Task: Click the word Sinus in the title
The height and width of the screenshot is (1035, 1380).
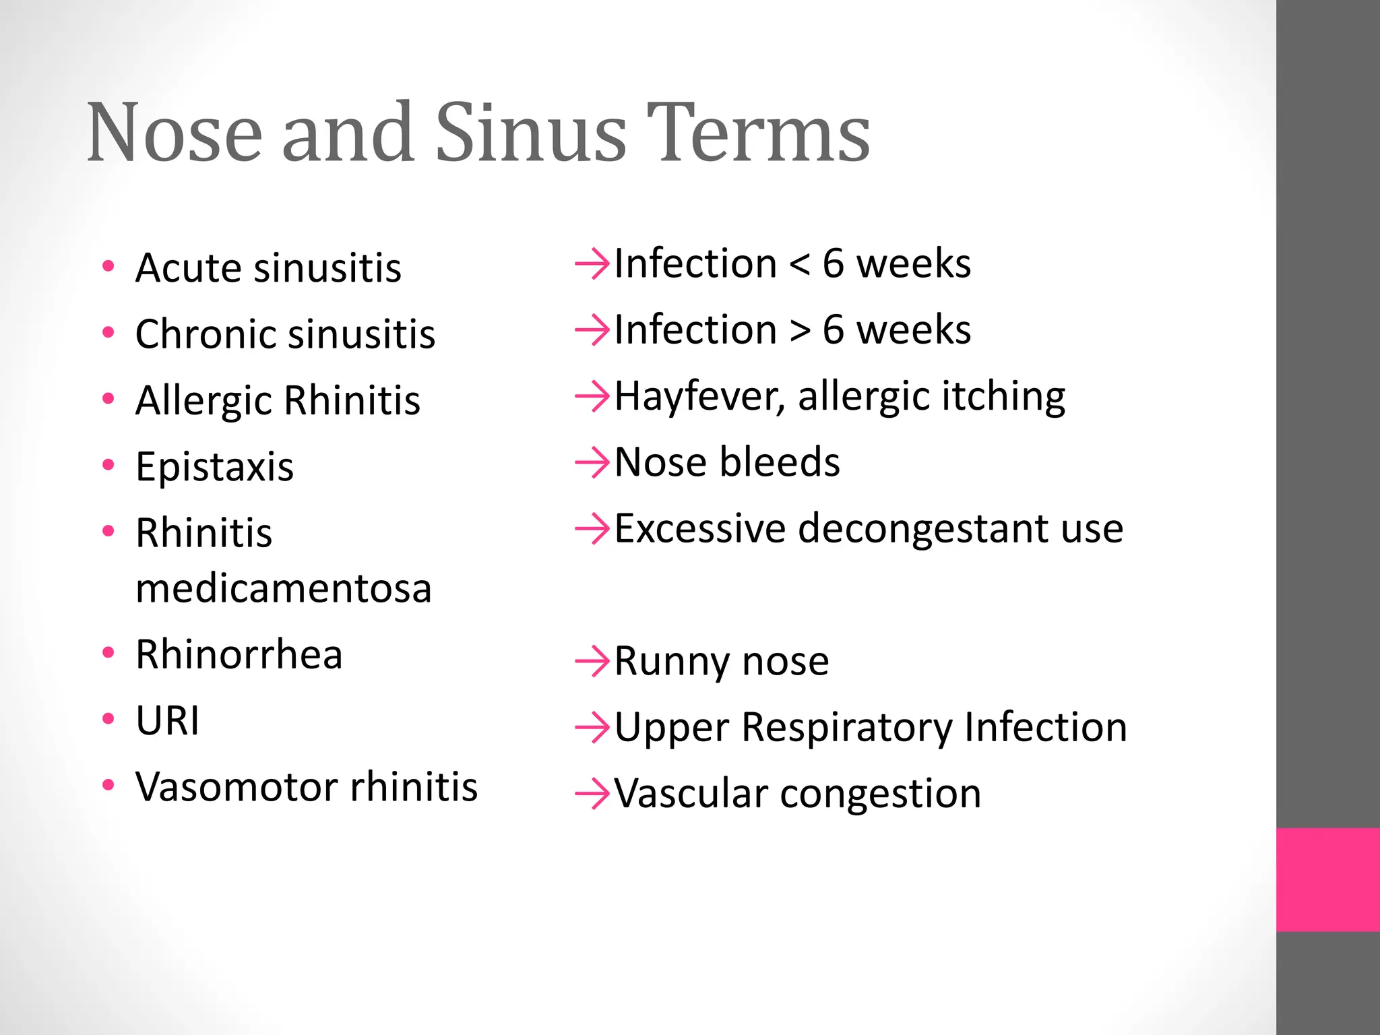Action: (x=531, y=133)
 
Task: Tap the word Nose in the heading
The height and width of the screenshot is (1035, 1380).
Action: (x=174, y=133)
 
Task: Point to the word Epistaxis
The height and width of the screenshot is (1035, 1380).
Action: (x=214, y=467)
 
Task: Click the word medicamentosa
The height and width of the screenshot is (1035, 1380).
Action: (x=283, y=589)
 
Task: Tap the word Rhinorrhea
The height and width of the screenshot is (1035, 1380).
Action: (x=239, y=655)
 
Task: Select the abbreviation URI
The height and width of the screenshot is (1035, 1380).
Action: (x=167, y=721)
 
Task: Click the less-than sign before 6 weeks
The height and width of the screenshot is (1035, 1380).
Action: (x=799, y=265)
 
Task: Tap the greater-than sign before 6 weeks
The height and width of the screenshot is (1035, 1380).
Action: (x=799, y=331)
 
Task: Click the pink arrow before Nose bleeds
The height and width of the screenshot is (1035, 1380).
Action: (x=592, y=463)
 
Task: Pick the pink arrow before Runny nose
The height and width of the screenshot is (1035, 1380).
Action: (x=592, y=661)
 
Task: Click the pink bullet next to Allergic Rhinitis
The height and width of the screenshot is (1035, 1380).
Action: (x=108, y=398)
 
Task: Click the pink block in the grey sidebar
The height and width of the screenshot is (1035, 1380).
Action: (x=1327, y=879)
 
